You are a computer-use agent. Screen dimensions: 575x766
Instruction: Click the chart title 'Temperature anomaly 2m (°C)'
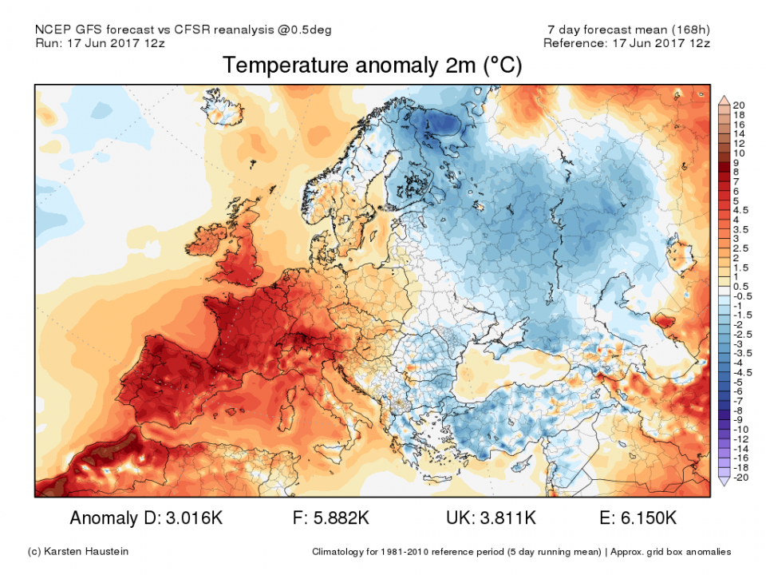pyautogui.click(x=372, y=65)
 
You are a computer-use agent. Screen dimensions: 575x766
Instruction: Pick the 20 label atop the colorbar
pyautogui.click(x=738, y=105)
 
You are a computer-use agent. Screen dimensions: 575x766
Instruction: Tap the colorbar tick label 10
pyautogui.click(x=738, y=153)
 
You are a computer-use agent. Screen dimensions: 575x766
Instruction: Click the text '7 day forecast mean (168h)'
pyautogui.click(x=625, y=30)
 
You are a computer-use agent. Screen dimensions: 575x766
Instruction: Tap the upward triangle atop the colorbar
pyautogui.click(x=724, y=99)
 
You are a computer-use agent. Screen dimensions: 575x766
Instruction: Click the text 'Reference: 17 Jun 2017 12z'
pyautogui.click(x=626, y=43)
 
